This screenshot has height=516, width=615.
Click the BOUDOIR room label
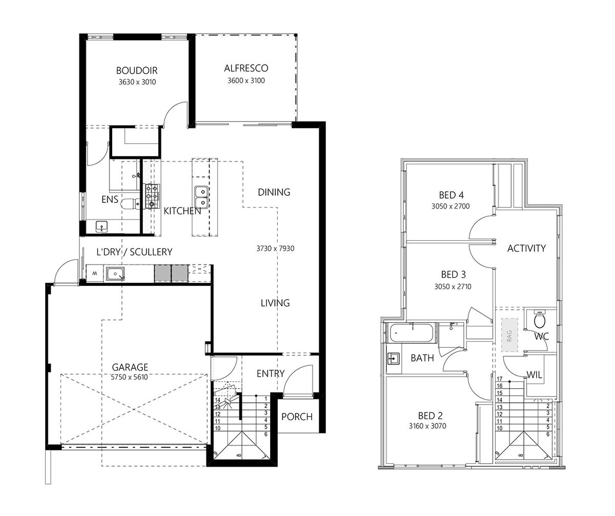(137, 71)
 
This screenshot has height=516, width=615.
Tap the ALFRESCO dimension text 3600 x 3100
(246, 80)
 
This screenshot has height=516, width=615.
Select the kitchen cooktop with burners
(152, 196)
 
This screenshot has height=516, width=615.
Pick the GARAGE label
(130, 367)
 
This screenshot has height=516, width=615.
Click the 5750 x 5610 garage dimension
(129, 377)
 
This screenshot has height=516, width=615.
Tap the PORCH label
(297, 417)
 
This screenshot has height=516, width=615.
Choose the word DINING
(274, 192)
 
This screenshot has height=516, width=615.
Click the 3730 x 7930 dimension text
(275, 249)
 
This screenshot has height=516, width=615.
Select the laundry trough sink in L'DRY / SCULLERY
(115, 274)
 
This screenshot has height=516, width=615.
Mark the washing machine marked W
(94, 274)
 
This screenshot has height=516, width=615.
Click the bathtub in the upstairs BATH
(411, 333)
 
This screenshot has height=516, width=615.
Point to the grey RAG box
(509, 335)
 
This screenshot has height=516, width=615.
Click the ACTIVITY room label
(526, 249)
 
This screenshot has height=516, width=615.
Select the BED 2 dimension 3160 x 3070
(427, 426)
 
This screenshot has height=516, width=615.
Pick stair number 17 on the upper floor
(500, 379)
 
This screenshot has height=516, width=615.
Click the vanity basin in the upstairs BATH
(393, 359)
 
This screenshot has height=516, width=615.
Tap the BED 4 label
(451, 195)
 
